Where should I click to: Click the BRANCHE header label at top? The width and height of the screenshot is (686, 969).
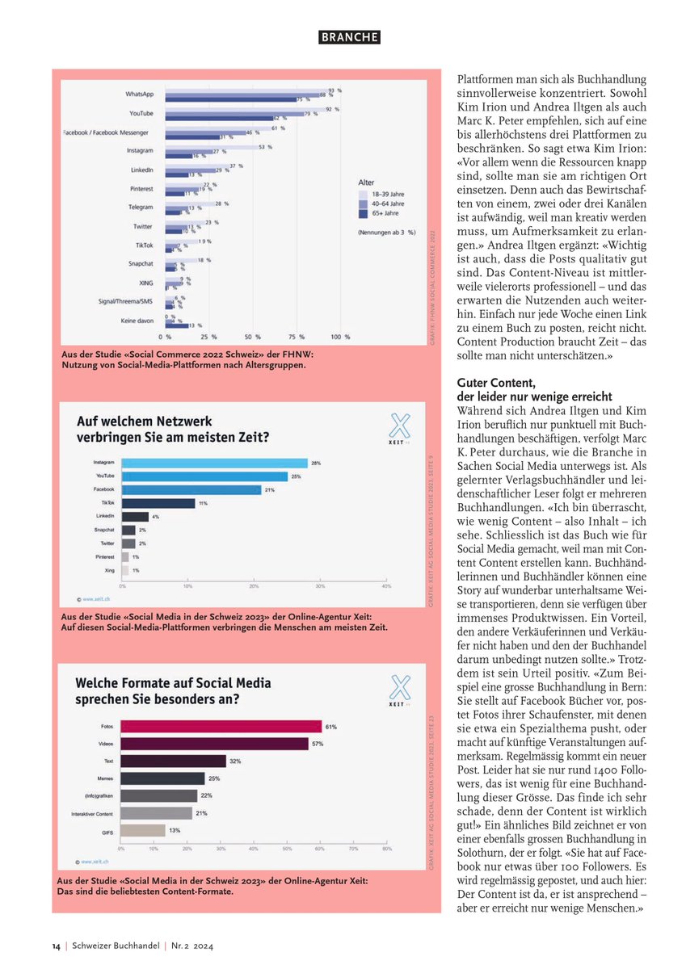(x=348, y=37)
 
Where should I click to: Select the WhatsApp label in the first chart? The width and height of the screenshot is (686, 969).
(x=140, y=94)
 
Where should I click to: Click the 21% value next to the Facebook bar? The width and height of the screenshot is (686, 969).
(x=270, y=489)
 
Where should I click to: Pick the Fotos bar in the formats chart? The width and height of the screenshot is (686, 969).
(x=221, y=726)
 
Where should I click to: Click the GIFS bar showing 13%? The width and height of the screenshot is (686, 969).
(x=143, y=830)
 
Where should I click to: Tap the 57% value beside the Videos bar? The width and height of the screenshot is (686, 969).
(x=318, y=743)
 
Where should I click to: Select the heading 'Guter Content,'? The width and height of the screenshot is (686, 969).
(x=492, y=384)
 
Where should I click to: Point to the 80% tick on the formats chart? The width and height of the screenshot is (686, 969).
(x=386, y=849)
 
